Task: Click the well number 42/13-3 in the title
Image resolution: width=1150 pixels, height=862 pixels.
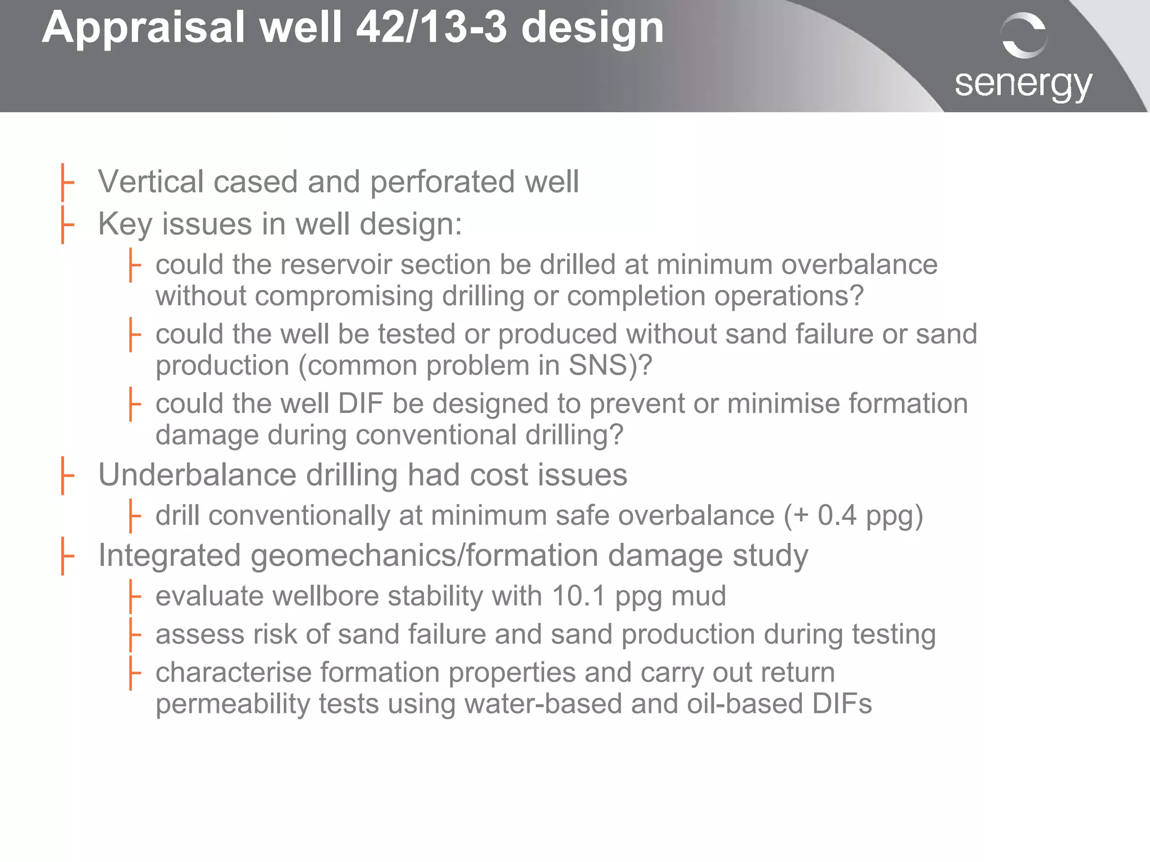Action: (x=431, y=28)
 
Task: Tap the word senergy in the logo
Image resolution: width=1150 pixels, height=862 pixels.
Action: (x=1023, y=84)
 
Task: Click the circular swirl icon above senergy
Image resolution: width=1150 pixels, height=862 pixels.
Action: (x=1024, y=35)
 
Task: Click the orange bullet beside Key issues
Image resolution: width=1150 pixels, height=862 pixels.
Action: (x=67, y=224)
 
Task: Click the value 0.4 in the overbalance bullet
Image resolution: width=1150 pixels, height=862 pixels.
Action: (x=837, y=515)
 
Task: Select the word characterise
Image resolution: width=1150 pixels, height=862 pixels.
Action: (x=233, y=673)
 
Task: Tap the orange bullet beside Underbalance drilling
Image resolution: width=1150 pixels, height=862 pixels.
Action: (x=67, y=475)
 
